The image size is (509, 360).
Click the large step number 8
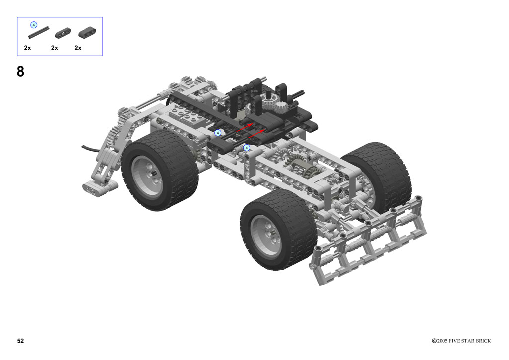pos(20,71)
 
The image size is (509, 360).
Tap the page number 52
pos(20,341)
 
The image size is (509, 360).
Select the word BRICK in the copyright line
pos(483,341)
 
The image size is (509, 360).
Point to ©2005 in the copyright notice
pos(440,341)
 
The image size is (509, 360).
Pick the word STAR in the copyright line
pos(469,341)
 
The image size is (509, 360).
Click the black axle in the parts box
pos(39,32)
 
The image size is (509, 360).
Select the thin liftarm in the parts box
pos(63,33)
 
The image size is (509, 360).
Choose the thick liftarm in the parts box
pos(87,33)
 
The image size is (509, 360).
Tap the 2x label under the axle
pos(28,48)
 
